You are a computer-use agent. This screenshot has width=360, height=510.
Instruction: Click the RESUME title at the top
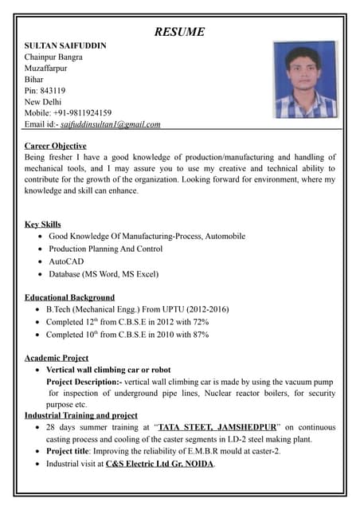tap(179, 32)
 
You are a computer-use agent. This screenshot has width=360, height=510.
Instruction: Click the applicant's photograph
tap(304, 80)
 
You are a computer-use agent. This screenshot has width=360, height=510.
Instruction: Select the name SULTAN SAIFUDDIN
tap(65, 45)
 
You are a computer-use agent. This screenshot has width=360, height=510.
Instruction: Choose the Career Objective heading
tap(56, 146)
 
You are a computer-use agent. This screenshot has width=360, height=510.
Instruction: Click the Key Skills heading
tap(43, 224)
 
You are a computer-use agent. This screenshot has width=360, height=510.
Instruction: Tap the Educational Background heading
tap(70, 297)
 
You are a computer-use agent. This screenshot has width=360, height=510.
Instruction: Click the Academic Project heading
tap(57, 358)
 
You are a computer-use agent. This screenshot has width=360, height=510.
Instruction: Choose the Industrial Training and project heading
tap(81, 415)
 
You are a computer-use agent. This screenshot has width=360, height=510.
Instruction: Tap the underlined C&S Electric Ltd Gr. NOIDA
tap(160, 463)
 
